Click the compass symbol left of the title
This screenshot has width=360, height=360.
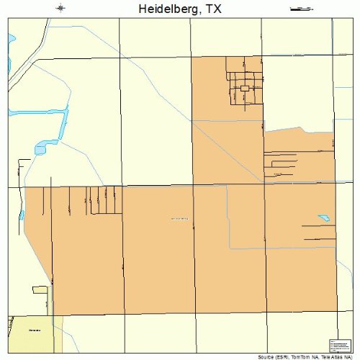click(61, 9)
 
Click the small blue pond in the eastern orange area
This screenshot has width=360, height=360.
click(324, 217)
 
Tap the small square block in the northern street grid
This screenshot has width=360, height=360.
click(245, 88)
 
